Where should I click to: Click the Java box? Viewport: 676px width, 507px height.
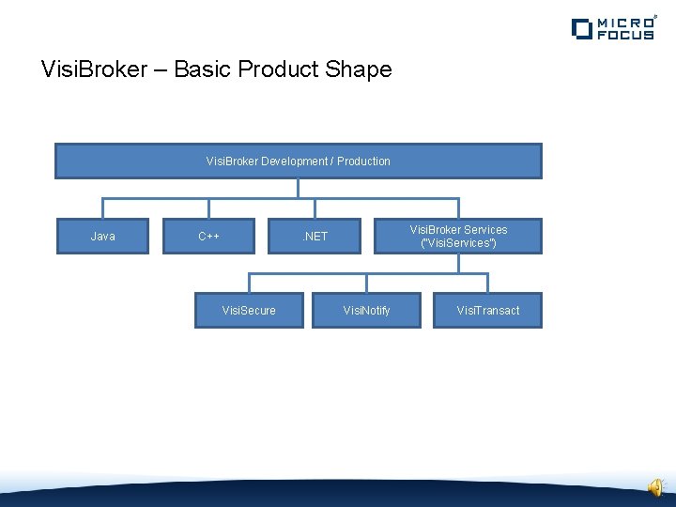[x=102, y=237]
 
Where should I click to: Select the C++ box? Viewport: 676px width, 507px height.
[x=208, y=237]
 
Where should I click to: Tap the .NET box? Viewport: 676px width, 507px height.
[x=315, y=237]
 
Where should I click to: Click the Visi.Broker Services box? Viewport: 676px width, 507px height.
[x=458, y=237]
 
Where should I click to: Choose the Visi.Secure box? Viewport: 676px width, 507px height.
[x=249, y=311]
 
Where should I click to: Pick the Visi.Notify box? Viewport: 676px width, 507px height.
[x=366, y=311]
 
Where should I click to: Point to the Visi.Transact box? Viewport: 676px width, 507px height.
[x=487, y=311]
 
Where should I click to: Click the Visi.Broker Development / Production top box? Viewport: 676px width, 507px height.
[x=299, y=161]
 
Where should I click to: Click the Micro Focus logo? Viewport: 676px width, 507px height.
[x=613, y=27]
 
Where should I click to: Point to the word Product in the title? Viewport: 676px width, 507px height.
[x=278, y=69]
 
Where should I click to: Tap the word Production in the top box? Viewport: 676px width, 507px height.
[x=363, y=161]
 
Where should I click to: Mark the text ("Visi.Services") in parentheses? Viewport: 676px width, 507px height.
[x=458, y=243]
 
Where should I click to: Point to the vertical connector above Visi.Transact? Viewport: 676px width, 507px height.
[x=487, y=283]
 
